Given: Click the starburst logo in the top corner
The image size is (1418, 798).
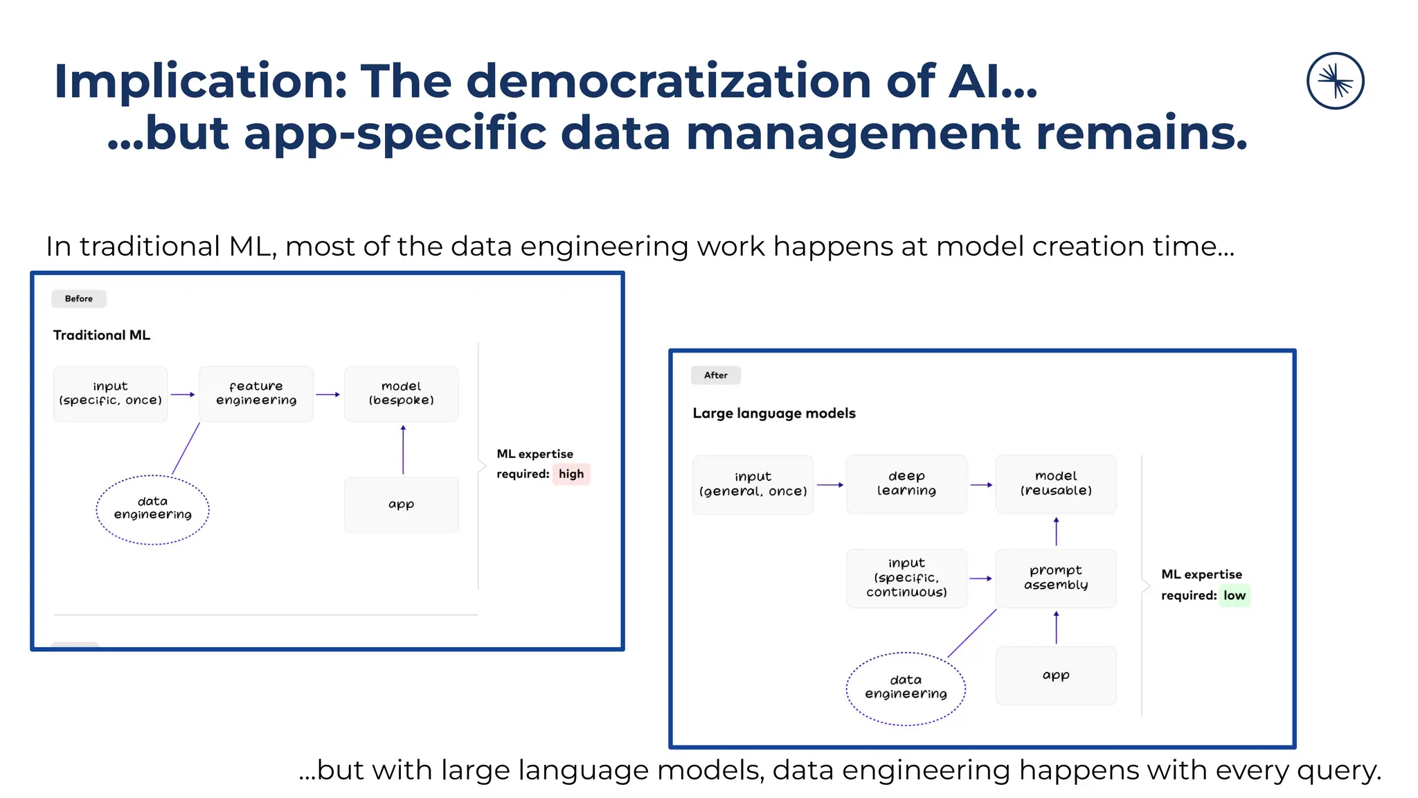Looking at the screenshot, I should click(x=1335, y=81).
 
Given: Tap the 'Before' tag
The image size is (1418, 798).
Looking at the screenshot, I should click(x=79, y=299).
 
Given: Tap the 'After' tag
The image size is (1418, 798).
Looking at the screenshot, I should click(x=716, y=375).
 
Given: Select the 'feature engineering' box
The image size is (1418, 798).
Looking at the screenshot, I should click(x=256, y=393).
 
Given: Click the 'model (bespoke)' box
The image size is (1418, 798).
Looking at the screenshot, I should click(x=402, y=393).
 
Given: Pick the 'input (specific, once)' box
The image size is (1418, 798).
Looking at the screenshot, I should click(x=111, y=393).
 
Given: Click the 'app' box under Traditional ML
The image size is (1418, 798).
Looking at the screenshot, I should click(x=402, y=504).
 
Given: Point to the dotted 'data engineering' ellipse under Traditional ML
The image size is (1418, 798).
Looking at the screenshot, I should click(x=152, y=509).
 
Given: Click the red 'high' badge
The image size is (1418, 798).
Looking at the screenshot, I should click(x=571, y=474).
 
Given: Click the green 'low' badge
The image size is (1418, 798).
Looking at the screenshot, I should click(x=1234, y=596).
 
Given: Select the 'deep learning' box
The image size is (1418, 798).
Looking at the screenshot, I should click(x=906, y=484).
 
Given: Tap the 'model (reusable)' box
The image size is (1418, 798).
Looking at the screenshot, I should click(x=1056, y=484).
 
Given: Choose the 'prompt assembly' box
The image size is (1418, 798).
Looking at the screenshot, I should click(x=1056, y=578).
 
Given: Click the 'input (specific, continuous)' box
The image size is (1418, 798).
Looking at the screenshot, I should click(x=906, y=578).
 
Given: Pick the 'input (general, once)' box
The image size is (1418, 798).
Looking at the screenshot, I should click(x=753, y=484).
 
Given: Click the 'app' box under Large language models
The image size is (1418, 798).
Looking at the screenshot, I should click(x=1056, y=675).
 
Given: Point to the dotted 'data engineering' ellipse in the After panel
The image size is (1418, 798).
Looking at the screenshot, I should click(x=906, y=688).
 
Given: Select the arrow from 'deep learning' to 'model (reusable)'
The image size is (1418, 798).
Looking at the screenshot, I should click(x=981, y=485).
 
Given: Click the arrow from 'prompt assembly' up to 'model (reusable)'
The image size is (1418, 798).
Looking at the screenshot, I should click(x=1056, y=531).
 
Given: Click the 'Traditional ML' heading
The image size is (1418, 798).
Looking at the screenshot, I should click(x=102, y=335).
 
